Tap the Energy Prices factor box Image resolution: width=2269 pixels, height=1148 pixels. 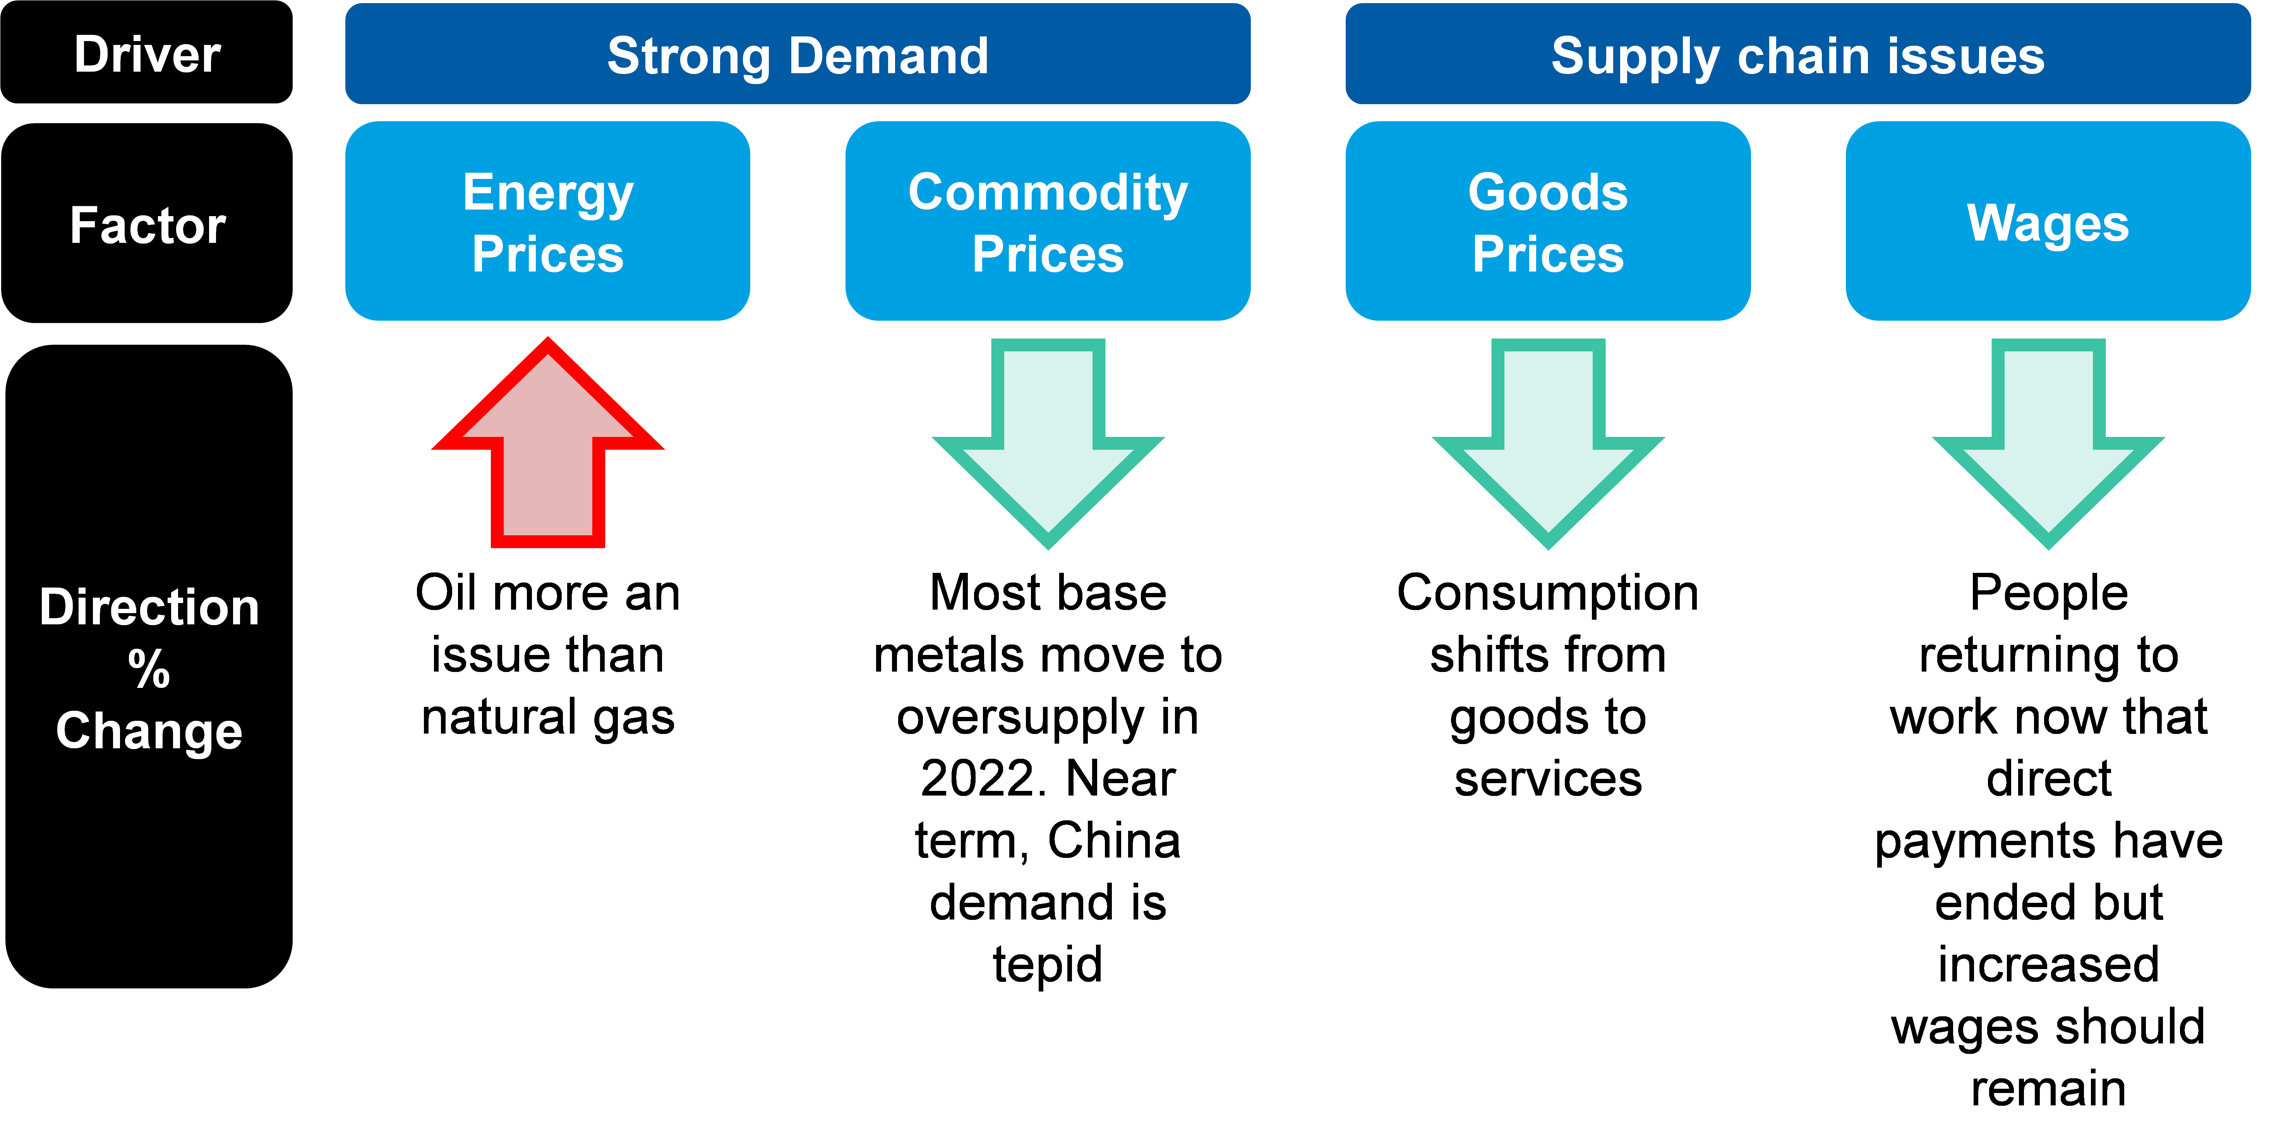547,221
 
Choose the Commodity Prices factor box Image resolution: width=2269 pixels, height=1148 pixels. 1047,221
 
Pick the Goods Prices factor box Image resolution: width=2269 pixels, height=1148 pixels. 1548,221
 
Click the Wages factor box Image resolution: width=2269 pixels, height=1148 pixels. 2048,221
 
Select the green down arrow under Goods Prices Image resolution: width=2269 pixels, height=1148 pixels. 1548,440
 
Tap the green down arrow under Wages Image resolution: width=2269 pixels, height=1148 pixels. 2048,440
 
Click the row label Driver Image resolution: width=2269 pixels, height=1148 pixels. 147,55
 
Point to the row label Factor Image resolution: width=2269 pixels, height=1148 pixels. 147,225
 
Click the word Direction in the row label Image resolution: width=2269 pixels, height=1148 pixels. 149,607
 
